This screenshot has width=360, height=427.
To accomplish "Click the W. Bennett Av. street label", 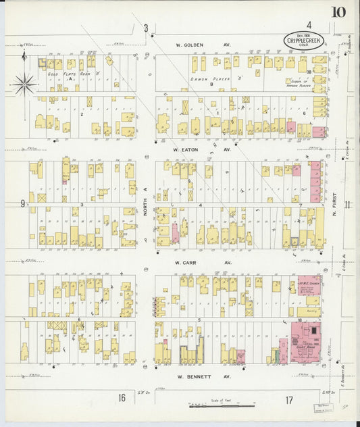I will point(204,376).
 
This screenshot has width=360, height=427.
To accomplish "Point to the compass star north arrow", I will point(24,84).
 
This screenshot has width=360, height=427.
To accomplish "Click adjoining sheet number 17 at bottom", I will point(289,400).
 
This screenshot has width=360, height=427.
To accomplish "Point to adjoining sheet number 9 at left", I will point(22,203).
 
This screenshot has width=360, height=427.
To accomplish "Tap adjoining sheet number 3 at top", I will point(145,28).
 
